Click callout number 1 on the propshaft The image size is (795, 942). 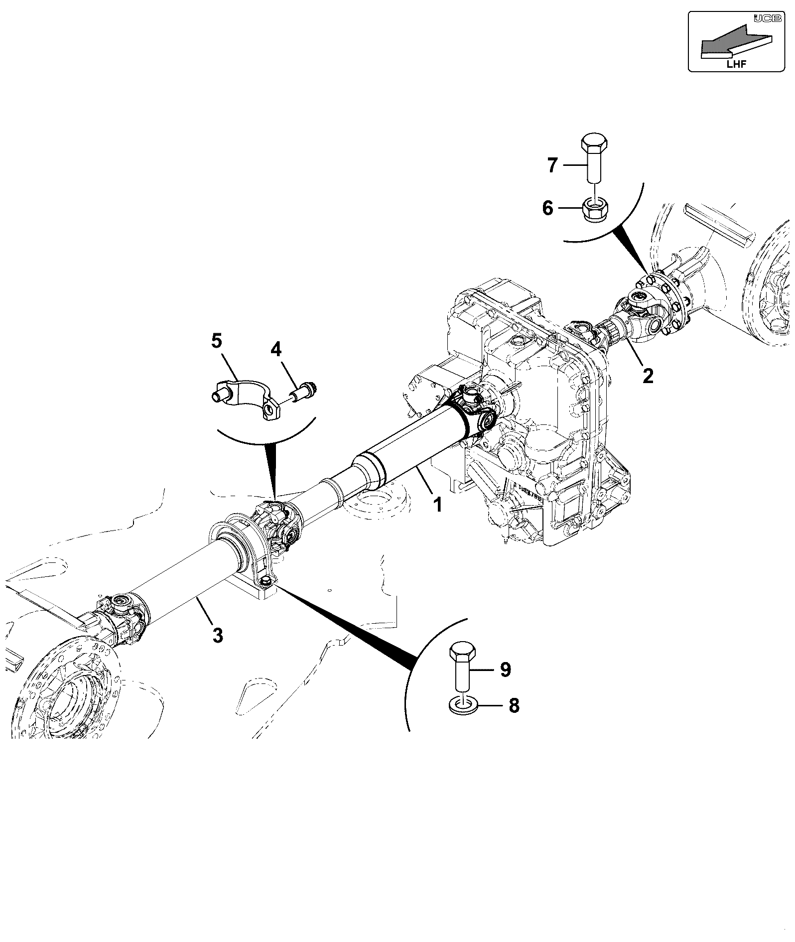coord(437,506)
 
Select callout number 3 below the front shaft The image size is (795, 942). coord(218,635)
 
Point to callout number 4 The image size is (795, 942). coord(275,350)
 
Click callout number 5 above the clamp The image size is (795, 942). coord(216,341)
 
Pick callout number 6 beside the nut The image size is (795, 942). coord(547,208)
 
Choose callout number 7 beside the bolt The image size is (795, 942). coord(552,165)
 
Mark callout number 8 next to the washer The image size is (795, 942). coord(514,705)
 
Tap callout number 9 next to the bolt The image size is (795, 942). coord(505,670)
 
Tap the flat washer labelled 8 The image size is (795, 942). coord(463,706)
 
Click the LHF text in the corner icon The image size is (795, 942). coord(737,64)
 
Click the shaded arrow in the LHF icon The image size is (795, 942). coord(736,40)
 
